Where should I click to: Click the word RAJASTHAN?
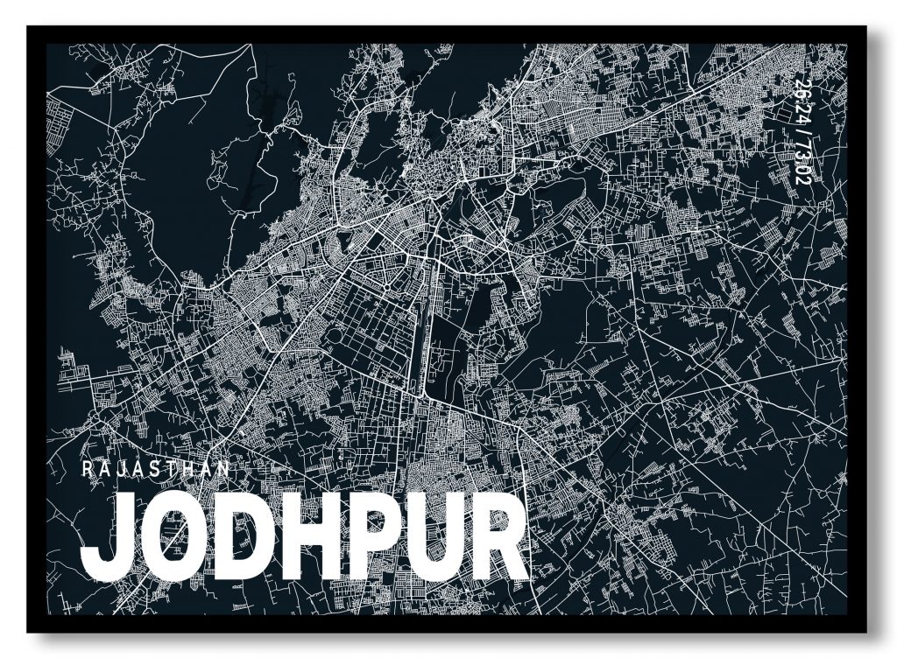point(156,468)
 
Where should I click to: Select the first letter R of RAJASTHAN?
point(86,468)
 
